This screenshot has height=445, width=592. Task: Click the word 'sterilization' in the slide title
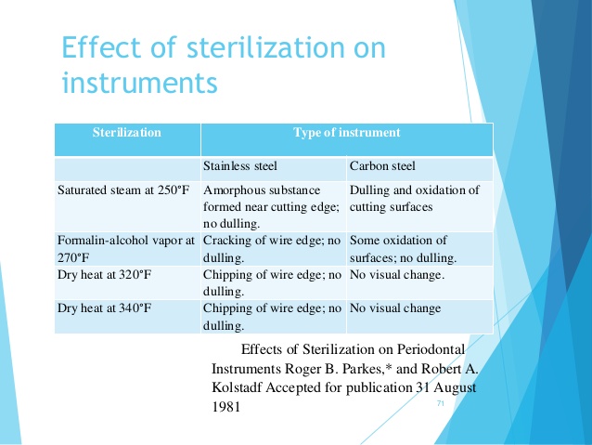(x=265, y=47)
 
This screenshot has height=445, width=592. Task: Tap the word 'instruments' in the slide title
(x=140, y=82)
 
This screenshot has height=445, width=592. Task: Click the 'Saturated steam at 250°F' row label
(x=123, y=190)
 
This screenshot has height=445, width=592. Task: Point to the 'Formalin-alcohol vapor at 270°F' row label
(x=126, y=249)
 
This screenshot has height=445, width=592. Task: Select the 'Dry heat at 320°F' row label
(x=104, y=274)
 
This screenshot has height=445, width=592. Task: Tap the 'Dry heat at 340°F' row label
(x=104, y=308)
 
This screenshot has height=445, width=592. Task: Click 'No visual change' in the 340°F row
(x=395, y=308)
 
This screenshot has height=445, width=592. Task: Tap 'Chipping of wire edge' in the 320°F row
(x=272, y=282)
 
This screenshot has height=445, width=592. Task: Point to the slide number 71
(x=440, y=403)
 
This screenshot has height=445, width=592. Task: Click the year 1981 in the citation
(x=226, y=407)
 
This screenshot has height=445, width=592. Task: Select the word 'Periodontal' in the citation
(x=431, y=349)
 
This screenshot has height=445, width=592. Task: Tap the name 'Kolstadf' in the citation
(x=237, y=387)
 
